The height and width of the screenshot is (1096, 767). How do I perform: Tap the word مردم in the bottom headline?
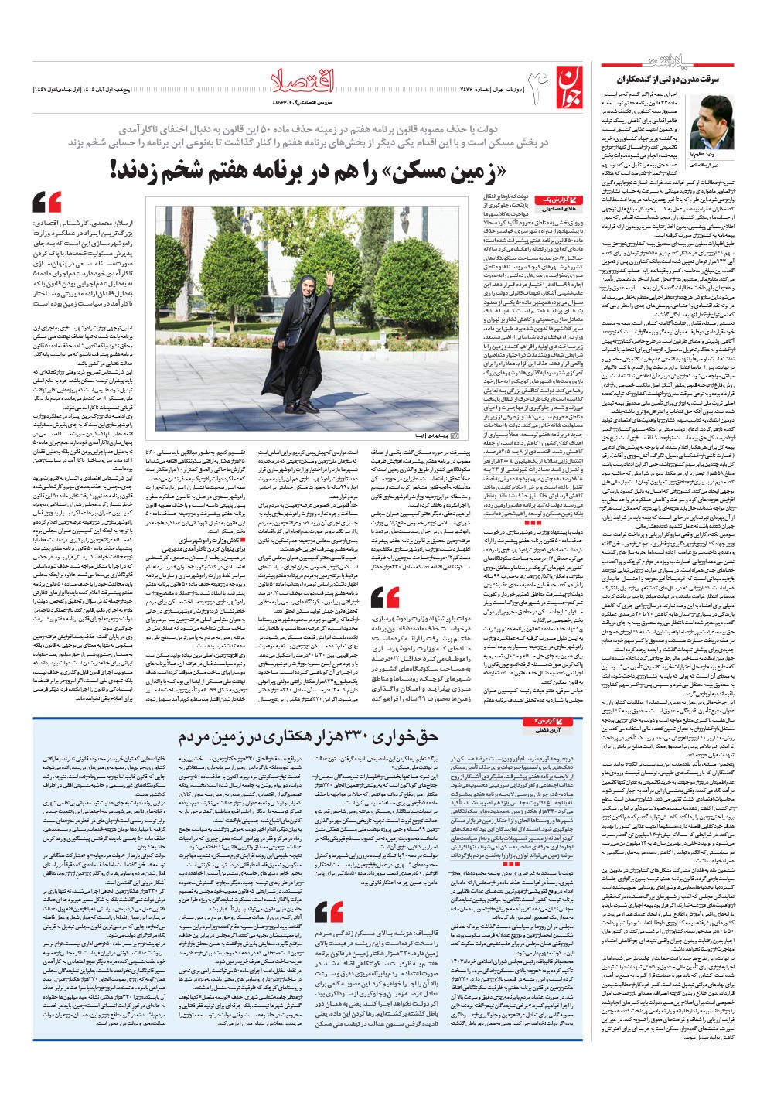pos(203,736)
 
